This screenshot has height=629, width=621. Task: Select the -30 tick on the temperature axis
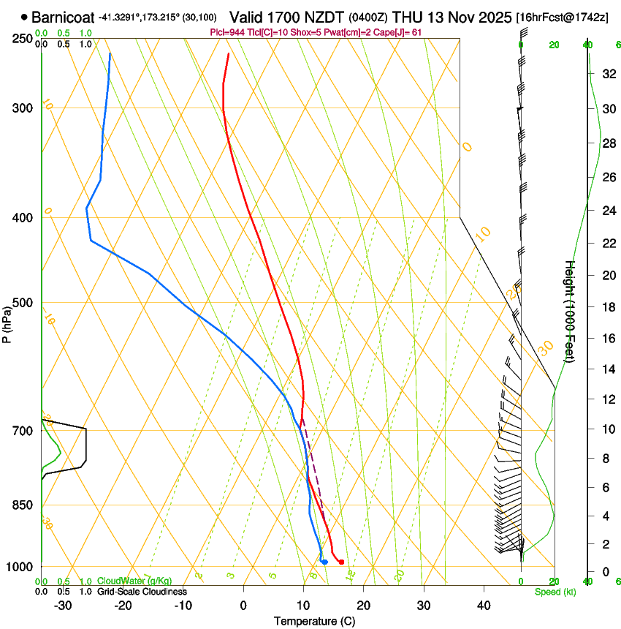tap(63, 605)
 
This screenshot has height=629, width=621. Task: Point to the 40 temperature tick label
tap(483, 605)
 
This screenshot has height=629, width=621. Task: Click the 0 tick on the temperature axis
tap(243, 605)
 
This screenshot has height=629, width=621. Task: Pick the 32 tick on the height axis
tap(608, 74)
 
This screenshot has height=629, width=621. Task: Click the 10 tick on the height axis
tap(608, 429)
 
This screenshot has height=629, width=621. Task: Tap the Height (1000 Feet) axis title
tap(570, 311)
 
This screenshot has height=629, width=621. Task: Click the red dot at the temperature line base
tap(341, 562)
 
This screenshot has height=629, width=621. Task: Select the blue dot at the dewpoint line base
tap(324, 562)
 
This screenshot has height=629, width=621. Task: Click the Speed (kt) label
tap(555, 591)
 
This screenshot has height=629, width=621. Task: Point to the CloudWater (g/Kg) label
tap(135, 581)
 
